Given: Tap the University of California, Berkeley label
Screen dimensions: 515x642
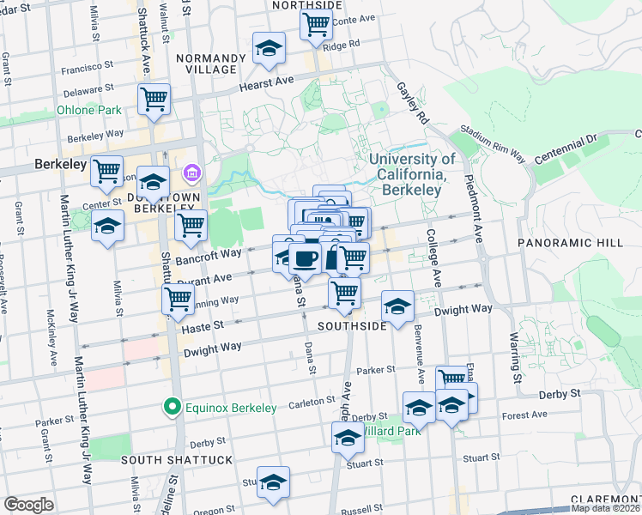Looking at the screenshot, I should click(x=412, y=174).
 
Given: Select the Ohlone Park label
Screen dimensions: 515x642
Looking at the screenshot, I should click(x=88, y=110).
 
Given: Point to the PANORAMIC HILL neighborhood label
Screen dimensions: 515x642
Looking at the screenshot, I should click(x=570, y=244).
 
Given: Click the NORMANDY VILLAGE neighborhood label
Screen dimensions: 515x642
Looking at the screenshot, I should click(x=205, y=63).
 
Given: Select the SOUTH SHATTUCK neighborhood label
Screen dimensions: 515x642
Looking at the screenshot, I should click(x=176, y=460).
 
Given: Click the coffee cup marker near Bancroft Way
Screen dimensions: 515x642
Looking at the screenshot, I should click(x=305, y=257).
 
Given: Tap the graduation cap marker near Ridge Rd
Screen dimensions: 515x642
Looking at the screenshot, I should click(x=269, y=49).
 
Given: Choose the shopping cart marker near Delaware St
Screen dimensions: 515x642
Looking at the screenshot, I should click(x=154, y=99).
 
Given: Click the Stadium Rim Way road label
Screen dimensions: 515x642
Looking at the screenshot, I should click(x=492, y=142).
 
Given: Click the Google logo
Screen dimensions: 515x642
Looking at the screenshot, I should click(x=28, y=505).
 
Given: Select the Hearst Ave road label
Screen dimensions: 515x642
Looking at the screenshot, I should click(x=266, y=79).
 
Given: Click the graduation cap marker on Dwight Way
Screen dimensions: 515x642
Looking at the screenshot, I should click(x=397, y=307).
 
